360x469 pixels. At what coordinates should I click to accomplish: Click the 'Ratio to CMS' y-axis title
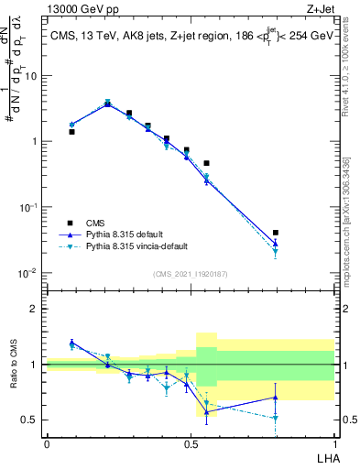(14, 365)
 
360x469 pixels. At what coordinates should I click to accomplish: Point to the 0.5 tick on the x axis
(191, 443)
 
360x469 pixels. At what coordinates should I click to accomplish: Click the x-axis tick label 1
(334, 443)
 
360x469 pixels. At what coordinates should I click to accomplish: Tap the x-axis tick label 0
(47, 443)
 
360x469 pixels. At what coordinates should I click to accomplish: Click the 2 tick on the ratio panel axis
(35, 309)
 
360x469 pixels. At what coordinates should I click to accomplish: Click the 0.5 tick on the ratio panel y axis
(30, 420)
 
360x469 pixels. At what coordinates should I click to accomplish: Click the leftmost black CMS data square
(71, 132)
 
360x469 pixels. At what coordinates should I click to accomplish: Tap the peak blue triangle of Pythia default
(107, 104)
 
